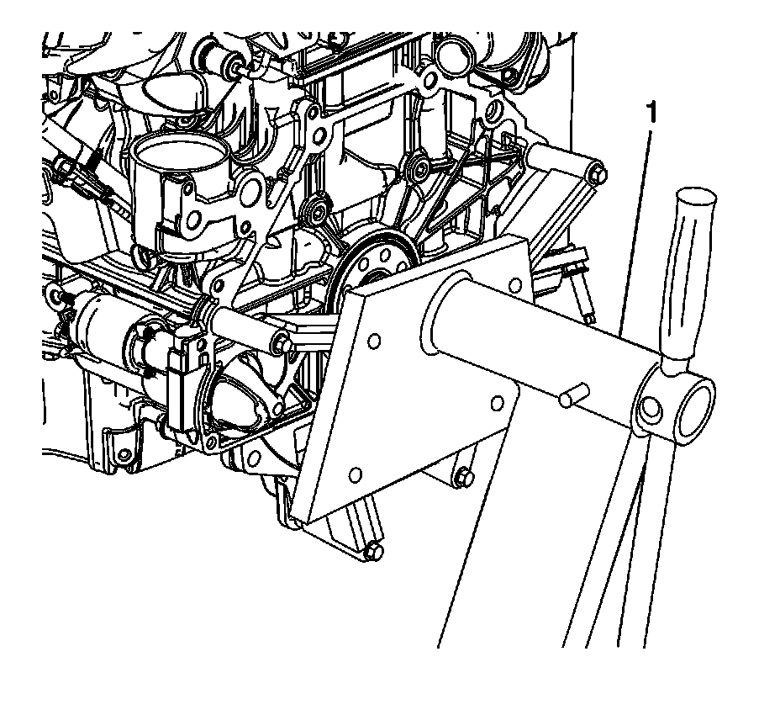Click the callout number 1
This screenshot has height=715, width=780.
coord(651,113)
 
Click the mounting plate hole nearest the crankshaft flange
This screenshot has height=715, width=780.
coord(374,342)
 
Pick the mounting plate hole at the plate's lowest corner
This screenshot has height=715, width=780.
coord(356,475)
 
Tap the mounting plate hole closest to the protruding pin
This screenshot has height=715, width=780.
coord(497,403)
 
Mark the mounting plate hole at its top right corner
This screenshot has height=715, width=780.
coord(516,285)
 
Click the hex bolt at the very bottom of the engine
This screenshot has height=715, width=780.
coord(373,552)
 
